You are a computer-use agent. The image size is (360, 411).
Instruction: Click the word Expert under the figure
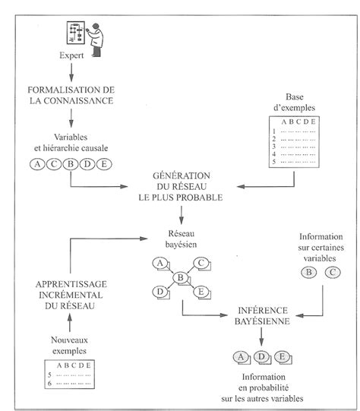click(71, 55)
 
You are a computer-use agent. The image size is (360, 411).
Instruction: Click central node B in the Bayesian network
click(180, 279)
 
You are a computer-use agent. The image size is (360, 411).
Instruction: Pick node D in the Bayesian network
click(159, 292)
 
